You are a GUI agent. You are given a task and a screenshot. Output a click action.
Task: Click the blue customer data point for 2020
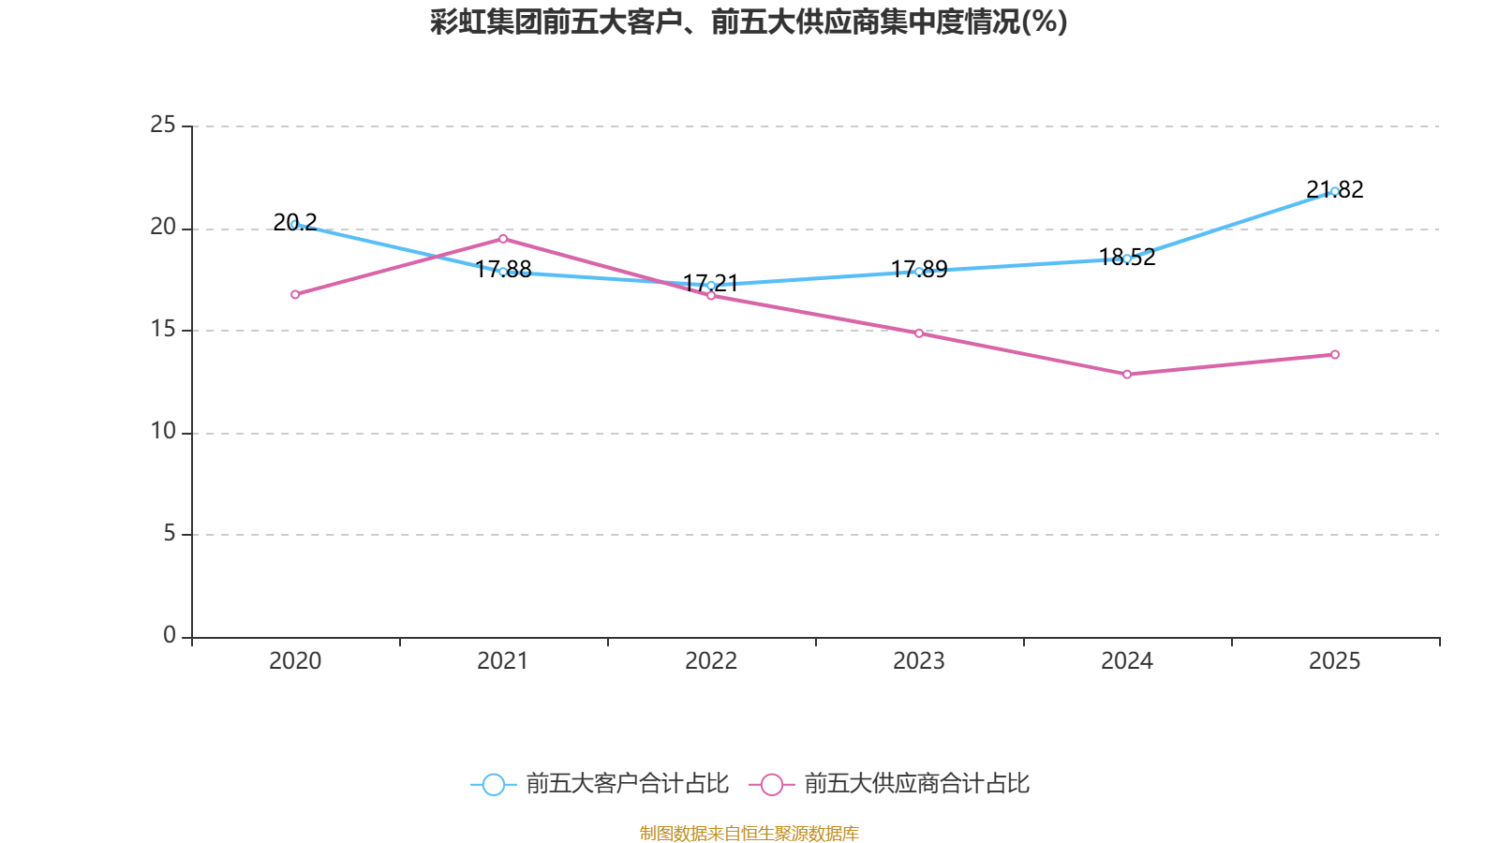click(295, 225)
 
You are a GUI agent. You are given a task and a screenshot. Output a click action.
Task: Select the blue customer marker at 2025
click(1334, 191)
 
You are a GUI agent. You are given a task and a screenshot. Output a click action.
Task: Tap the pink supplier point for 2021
click(503, 239)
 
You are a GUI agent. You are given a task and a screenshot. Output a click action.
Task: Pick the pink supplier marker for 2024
click(1127, 375)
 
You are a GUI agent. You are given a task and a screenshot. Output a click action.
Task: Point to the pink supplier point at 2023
click(919, 333)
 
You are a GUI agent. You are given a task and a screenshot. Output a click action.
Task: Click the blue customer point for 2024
click(1127, 259)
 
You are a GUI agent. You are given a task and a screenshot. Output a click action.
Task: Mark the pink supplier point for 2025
click(1335, 355)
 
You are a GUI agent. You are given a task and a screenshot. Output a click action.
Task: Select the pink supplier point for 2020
click(295, 294)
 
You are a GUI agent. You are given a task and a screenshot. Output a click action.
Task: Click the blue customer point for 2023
click(919, 272)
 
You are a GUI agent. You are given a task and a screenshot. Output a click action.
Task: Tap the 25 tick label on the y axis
click(163, 125)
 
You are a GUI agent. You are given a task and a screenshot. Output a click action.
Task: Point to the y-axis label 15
click(163, 330)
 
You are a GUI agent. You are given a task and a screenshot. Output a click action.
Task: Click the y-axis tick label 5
click(169, 534)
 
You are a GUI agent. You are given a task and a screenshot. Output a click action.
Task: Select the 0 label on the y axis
click(169, 636)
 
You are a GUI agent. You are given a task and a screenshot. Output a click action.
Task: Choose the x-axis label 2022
click(711, 661)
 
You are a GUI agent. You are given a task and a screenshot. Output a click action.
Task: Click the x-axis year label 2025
click(1334, 661)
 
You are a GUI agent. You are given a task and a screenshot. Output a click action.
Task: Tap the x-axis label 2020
click(295, 661)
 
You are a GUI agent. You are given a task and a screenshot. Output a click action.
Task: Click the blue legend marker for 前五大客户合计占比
click(493, 784)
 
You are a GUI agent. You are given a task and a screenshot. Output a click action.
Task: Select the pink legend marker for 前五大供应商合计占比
click(771, 784)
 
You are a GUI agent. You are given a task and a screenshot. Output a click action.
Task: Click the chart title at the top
click(749, 22)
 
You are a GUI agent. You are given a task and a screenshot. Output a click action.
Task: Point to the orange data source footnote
click(749, 833)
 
